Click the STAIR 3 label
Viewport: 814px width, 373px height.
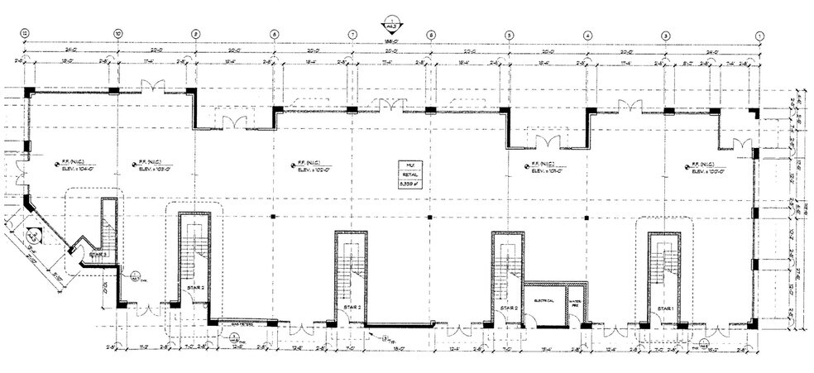click(98, 256)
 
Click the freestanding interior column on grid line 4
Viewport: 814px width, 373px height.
click(587, 217)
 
